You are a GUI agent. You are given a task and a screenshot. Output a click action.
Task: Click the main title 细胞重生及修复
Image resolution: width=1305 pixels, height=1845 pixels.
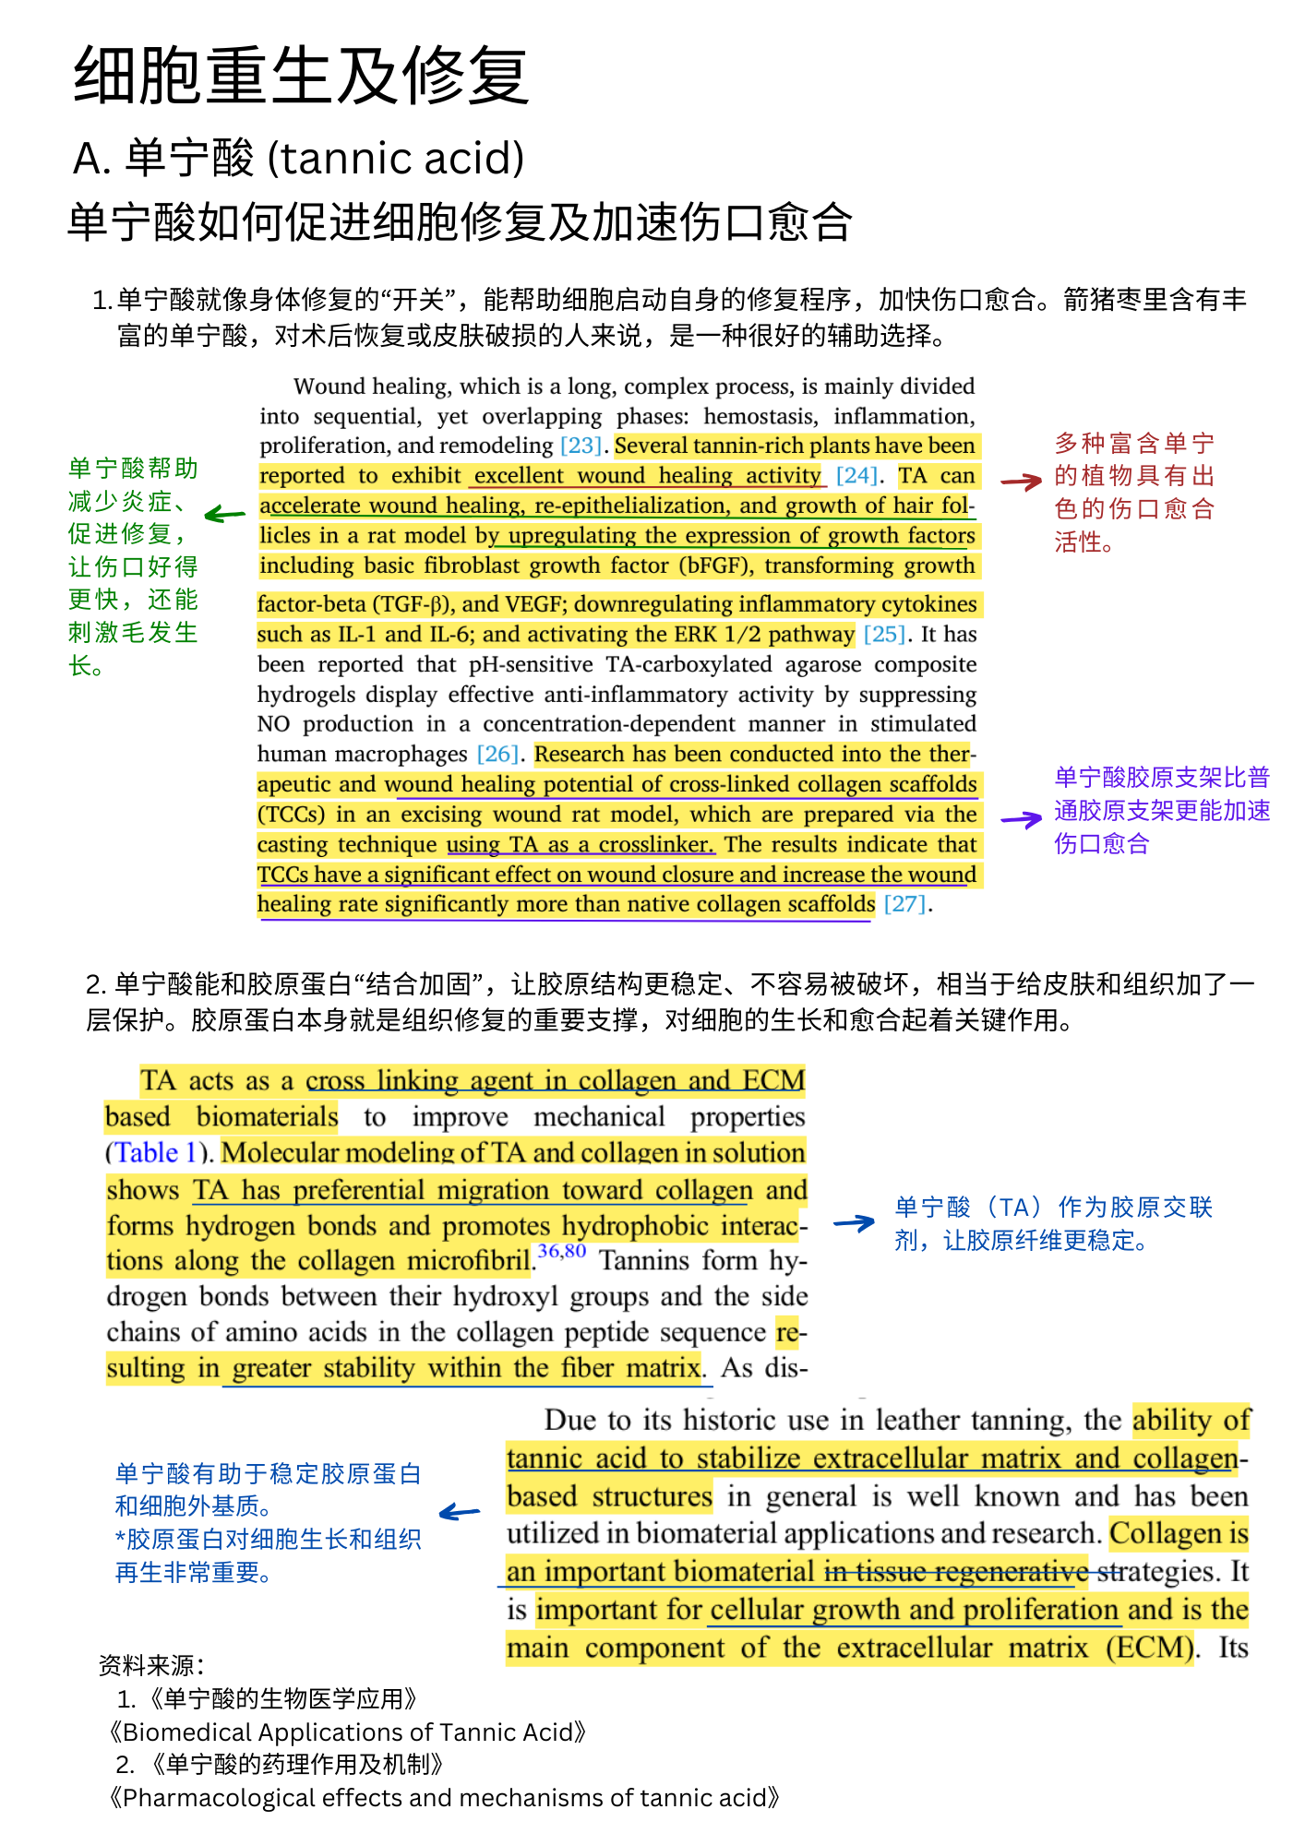tap(301, 76)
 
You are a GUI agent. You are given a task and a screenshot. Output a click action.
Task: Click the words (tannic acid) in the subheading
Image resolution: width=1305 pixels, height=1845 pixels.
tap(396, 158)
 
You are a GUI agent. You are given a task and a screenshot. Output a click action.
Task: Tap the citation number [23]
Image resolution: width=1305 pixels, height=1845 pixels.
tap(581, 446)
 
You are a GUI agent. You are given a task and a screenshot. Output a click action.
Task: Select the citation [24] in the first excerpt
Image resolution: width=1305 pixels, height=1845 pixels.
tap(856, 475)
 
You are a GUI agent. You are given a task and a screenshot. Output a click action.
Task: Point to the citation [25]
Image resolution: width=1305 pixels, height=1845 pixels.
tap(884, 635)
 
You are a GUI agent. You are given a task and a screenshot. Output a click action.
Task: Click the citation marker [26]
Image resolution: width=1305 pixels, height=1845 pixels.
tap(497, 754)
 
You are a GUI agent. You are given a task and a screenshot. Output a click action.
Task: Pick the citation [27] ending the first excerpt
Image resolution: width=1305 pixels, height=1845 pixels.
tap(904, 904)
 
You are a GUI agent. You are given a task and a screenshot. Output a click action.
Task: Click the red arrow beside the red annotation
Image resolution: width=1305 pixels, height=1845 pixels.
tap(1021, 481)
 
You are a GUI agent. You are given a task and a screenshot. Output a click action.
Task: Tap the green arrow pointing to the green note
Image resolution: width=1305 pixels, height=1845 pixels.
tap(224, 515)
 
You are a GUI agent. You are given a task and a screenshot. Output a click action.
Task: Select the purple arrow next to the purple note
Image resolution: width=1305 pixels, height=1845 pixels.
tap(1021, 818)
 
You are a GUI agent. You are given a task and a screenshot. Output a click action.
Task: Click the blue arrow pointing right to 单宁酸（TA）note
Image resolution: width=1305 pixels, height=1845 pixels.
tap(854, 1223)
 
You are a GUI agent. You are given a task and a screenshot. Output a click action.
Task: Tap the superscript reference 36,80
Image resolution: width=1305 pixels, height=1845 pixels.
tap(562, 1252)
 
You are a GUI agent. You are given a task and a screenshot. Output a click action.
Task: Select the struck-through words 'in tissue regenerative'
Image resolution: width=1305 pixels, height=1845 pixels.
tap(955, 1571)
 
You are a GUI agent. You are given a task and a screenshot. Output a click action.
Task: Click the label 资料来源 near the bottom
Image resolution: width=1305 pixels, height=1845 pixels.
tap(150, 1665)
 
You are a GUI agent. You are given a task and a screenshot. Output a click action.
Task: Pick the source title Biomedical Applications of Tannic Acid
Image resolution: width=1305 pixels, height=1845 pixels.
tap(347, 1732)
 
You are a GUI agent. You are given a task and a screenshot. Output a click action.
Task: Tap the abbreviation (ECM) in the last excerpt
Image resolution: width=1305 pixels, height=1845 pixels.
tap(1149, 1648)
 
